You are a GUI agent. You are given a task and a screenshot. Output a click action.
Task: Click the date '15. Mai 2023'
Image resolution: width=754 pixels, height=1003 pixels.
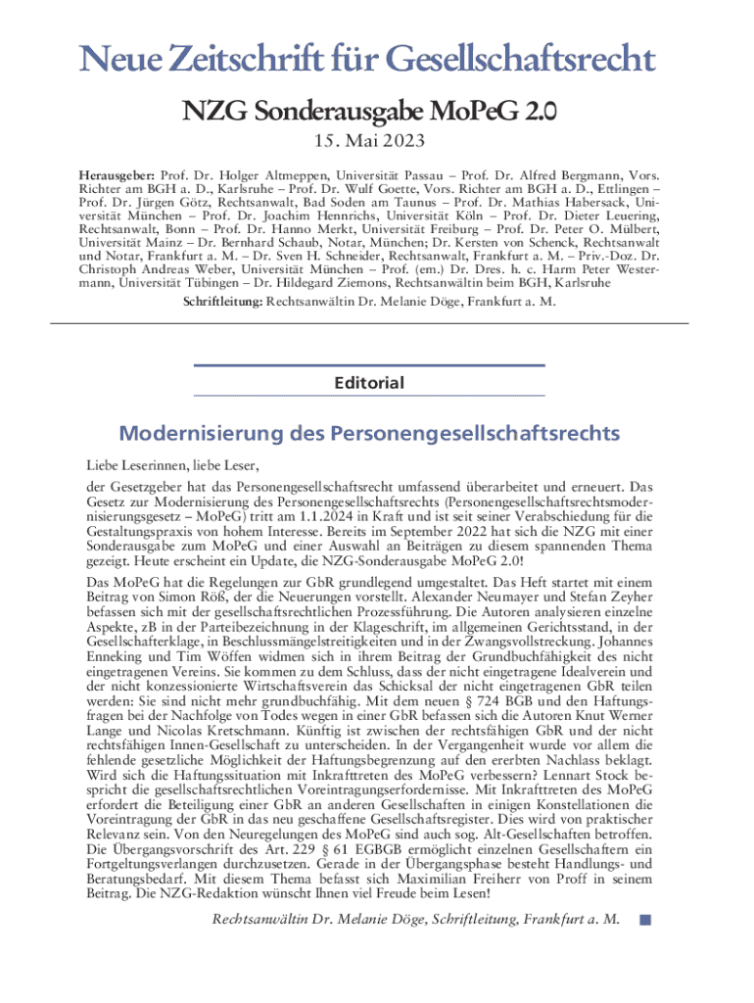coord(376,142)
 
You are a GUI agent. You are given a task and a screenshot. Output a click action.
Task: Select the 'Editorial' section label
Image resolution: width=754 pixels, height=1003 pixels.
coord(368,382)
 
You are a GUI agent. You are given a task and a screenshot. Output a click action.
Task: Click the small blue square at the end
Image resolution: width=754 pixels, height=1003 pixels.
coord(644,920)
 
